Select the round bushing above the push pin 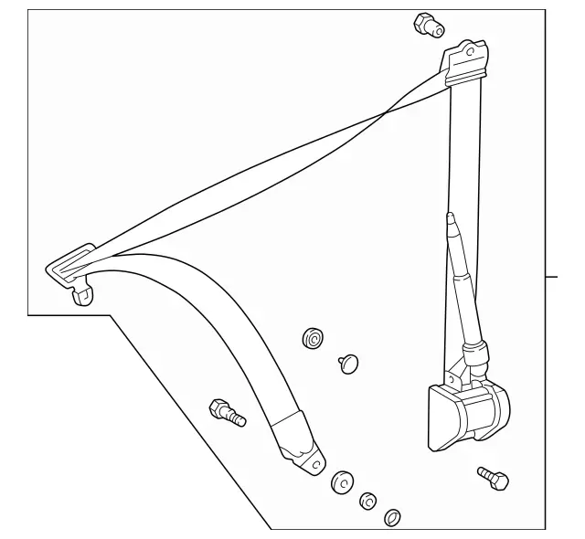tap(313, 340)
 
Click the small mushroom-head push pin tap(347, 363)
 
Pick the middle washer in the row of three tap(368, 501)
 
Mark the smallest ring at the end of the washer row tap(392, 517)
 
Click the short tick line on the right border tap(552, 274)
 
